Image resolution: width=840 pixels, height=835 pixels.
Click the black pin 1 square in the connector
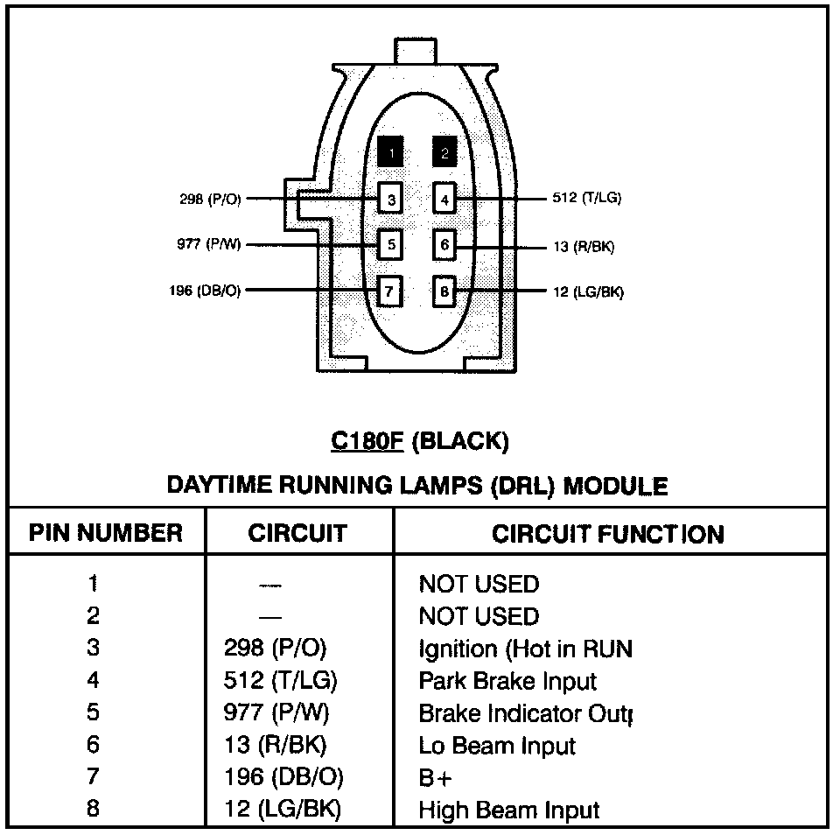coord(391,153)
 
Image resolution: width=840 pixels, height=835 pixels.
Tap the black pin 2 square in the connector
coord(444,153)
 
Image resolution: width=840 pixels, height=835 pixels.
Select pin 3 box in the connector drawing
coord(391,200)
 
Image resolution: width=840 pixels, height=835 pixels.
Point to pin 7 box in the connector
coord(391,290)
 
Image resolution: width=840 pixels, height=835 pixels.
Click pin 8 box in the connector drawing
coord(444,290)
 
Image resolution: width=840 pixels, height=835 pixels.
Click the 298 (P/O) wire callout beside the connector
coord(210,200)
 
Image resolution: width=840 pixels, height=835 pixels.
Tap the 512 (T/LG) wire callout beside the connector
coord(587,198)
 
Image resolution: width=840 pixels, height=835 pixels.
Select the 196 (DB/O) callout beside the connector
coord(205,291)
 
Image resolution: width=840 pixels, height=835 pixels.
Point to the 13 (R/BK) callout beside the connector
coord(584,247)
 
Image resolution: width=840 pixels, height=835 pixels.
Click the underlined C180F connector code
coord(367,440)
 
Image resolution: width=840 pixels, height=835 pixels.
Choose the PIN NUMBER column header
coord(106,533)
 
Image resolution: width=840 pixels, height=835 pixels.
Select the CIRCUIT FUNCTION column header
coord(608,534)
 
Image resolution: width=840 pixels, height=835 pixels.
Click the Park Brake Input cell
coord(507,681)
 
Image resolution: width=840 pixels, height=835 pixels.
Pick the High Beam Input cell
coord(509,810)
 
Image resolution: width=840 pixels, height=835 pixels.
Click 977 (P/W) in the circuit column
coord(276,713)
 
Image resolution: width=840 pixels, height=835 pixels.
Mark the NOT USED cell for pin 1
coord(479,584)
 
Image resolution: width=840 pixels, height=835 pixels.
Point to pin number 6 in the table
coord(94,746)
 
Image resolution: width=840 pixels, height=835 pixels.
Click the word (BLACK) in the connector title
coord(459,440)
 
